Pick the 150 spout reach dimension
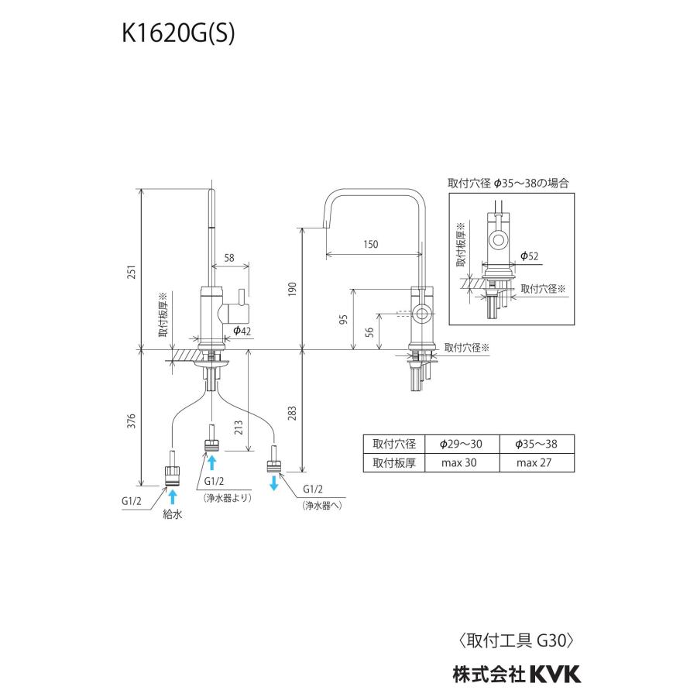coord(370,244)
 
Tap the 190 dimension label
coord(292,289)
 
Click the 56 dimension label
coord(369,332)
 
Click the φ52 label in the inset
coord(530,256)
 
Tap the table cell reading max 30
coord(459,463)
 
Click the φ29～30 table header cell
coord(459,444)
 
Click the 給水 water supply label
coord(172,513)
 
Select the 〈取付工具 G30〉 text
coord(516,640)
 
